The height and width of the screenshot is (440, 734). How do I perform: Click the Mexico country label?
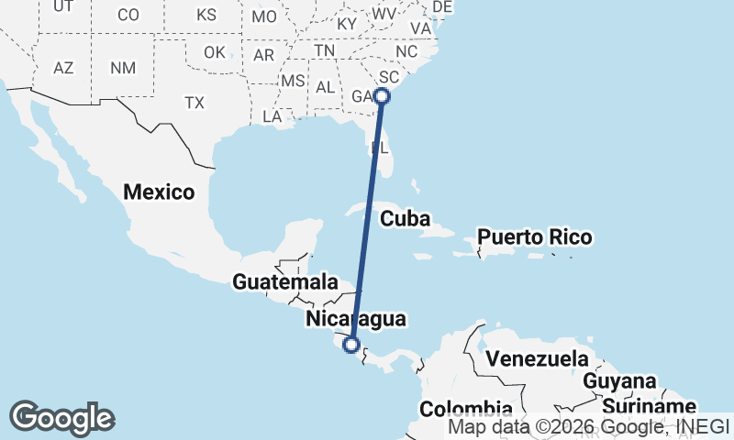pos(160,192)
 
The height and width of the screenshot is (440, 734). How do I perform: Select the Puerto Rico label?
pos(535,237)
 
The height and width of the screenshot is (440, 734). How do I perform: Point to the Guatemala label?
pos(280,282)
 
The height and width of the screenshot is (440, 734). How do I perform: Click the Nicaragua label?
pos(355,319)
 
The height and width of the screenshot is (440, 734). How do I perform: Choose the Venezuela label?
pos(537,357)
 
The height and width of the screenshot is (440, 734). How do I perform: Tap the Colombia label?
pos(466,409)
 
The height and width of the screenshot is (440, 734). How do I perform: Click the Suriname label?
pos(651,406)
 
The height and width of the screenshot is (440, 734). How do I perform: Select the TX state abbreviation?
pos(194,103)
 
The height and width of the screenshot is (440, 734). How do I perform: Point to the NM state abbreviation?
pos(122,68)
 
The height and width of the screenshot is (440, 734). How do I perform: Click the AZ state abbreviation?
pos(63,68)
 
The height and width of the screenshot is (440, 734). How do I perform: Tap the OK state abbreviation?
pos(214,52)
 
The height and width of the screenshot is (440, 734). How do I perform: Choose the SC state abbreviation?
pos(389,76)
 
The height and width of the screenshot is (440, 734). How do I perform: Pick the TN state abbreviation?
pos(325,50)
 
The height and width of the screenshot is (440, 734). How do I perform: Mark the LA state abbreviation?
pos(272,116)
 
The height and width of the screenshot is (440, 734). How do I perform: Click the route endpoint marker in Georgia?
pos(383,95)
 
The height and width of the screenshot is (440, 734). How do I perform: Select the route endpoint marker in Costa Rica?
pos(350,345)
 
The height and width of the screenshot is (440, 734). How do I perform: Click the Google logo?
pos(61,418)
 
